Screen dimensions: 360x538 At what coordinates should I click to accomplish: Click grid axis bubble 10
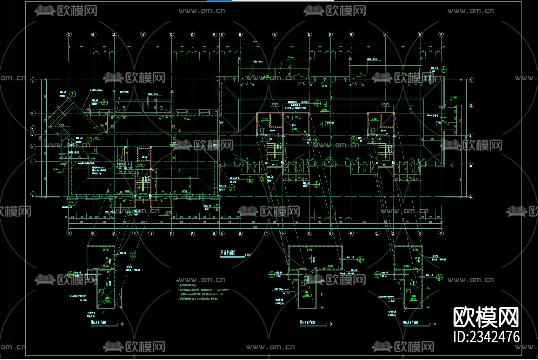(x=142, y=34)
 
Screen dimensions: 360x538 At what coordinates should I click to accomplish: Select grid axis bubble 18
(x=274, y=34)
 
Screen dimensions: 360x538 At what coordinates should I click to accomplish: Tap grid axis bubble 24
(x=385, y=34)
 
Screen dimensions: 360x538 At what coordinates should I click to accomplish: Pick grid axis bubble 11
(x=151, y=233)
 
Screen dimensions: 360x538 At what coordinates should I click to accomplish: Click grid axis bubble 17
(x=267, y=233)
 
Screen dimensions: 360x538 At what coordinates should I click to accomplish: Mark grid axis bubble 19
(x=283, y=233)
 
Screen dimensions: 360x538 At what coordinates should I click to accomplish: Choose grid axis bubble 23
(x=377, y=233)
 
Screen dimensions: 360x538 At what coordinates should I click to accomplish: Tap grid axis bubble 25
(x=393, y=233)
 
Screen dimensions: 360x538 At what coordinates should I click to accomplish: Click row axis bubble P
(x=33, y=113)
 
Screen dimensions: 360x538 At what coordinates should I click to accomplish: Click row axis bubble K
(x=33, y=146)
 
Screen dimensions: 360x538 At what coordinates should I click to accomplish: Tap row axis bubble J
(x=33, y=162)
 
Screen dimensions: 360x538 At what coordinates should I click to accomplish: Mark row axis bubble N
(x=33, y=128)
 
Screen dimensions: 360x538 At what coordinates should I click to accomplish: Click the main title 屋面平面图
(x=227, y=253)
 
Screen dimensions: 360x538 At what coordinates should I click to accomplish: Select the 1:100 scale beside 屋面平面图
(x=248, y=255)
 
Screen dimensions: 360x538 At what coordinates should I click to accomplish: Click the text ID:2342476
(x=486, y=336)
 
